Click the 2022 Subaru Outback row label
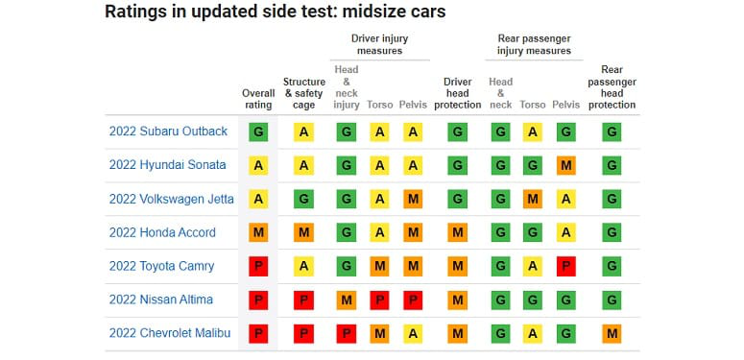pyautogui.click(x=168, y=132)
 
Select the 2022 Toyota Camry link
pyautogui.click(x=162, y=266)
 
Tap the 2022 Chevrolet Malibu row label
pyautogui.click(x=170, y=333)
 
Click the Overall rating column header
pyautogui.click(x=258, y=99)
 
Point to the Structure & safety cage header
pyautogui.click(x=304, y=93)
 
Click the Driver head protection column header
pyautogui.click(x=457, y=93)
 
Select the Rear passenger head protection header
pyautogui.click(x=612, y=87)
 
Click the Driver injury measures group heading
pyautogui.click(x=379, y=44)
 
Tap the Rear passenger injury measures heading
pyautogui.click(x=534, y=44)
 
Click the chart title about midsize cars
pyautogui.click(x=276, y=12)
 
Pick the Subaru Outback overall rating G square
pyautogui.click(x=258, y=132)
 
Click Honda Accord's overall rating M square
pyautogui.click(x=258, y=232)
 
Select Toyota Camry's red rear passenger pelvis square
pyautogui.click(x=566, y=267)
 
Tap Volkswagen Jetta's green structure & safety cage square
pyautogui.click(x=303, y=200)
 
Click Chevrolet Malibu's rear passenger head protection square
pyautogui.click(x=612, y=334)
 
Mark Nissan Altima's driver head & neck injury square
pyautogui.click(x=347, y=300)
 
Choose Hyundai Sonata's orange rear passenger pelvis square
pyautogui.click(x=566, y=165)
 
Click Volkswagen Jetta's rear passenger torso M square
pyautogui.click(x=533, y=200)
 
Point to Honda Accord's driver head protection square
pyautogui.click(x=457, y=232)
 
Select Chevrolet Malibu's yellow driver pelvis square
pyautogui.click(x=413, y=334)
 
